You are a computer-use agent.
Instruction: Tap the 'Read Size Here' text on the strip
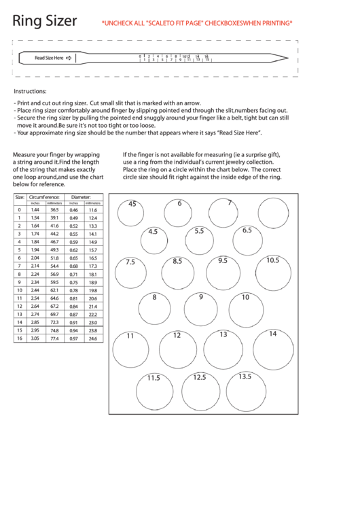tap(49, 58)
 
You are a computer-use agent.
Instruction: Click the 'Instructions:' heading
tap(30, 91)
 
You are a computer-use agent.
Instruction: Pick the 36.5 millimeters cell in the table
tap(54, 210)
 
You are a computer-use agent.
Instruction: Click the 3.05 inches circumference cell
tap(35, 338)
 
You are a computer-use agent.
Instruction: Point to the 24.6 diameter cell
tap(93, 338)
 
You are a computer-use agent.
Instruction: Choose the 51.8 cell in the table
tap(54, 258)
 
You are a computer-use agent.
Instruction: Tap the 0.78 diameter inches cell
tap(74, 290)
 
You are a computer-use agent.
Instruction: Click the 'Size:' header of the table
tap(20, 196)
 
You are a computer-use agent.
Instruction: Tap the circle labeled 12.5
tap(200, 390)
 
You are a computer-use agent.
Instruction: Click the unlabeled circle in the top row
tap(271, 211)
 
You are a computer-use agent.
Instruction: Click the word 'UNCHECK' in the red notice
tap(116, 23)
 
